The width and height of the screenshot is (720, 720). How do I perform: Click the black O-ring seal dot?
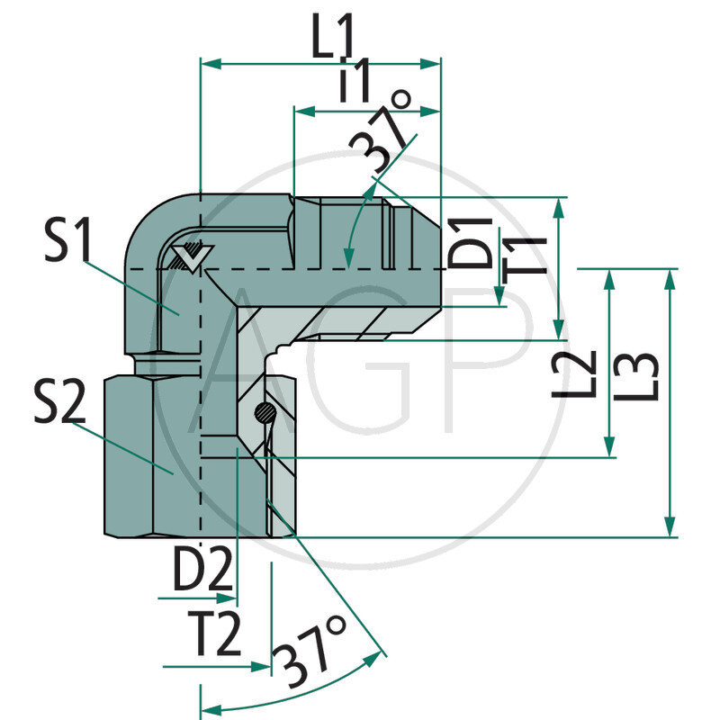coord(263,413)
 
